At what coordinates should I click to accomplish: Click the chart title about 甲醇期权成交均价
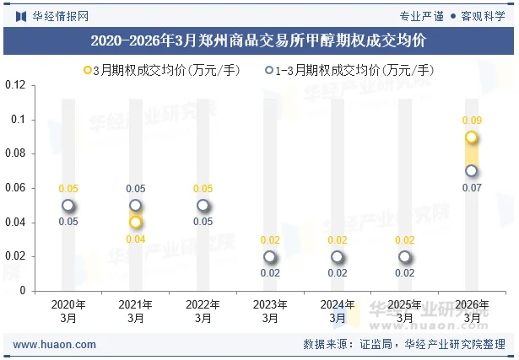coord(259,40)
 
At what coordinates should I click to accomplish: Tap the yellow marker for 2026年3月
coord(472,137)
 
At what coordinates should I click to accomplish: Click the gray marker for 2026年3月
coord(472,171)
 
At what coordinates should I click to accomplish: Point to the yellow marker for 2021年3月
coord(136,223)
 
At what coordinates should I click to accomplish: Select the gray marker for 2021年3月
coord(136,206)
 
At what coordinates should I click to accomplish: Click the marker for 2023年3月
coord(270,257)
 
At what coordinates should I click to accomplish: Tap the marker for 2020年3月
coord(68,206)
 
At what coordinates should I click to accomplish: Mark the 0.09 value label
coord(472,121)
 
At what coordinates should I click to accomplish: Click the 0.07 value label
coord(472,188)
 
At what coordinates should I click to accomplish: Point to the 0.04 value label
coord(136,239)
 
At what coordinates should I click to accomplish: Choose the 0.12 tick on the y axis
coord(15,85)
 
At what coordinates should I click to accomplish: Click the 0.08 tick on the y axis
coord(15,153)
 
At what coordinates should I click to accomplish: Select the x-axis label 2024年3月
coord(338,311)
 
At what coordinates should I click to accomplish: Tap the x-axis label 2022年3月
coord(203,311)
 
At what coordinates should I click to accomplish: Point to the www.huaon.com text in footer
coord(55,345)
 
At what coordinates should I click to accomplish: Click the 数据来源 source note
coord(404,345)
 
